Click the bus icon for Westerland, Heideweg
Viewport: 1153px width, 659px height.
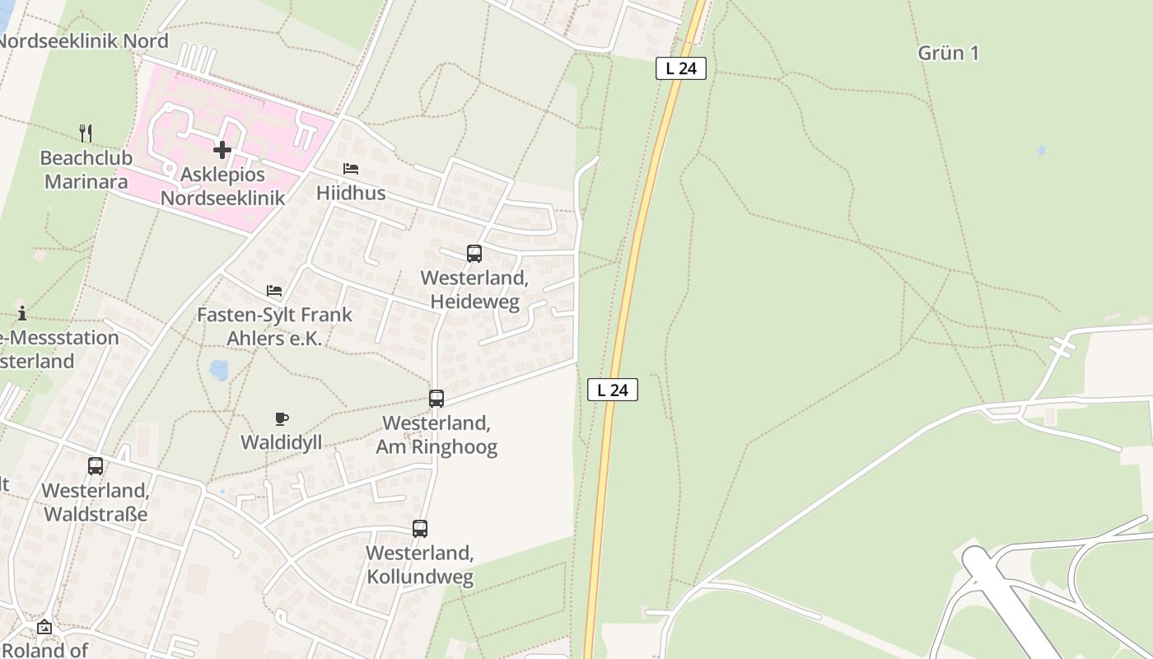[474, 254]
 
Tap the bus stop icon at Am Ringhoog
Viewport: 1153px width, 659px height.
[436, 399]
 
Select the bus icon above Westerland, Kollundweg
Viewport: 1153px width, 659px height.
[420, 529]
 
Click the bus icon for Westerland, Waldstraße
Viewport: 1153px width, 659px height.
[96, 466]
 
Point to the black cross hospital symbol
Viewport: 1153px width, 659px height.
[222, 150]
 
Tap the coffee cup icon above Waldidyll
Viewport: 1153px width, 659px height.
[282, 418]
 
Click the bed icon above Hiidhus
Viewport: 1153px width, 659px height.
[351, 169]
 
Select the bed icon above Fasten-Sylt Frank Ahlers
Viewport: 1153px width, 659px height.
[274, 291]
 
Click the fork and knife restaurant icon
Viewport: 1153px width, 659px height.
[86, 133]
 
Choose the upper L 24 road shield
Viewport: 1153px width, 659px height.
[681, 68]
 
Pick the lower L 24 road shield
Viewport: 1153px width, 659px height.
[613, 390]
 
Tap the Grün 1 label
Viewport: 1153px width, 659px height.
[949, 54]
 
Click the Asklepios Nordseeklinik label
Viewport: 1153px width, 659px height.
[222, 186]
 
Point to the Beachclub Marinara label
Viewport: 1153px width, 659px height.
[86, 169]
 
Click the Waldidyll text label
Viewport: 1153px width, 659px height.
[281, 442]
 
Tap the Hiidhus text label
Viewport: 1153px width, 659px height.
[351, 193]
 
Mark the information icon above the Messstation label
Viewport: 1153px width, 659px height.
[22, 313]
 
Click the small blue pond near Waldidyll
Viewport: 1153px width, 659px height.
[219, 369]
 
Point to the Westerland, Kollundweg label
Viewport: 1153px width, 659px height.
[420, 564]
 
